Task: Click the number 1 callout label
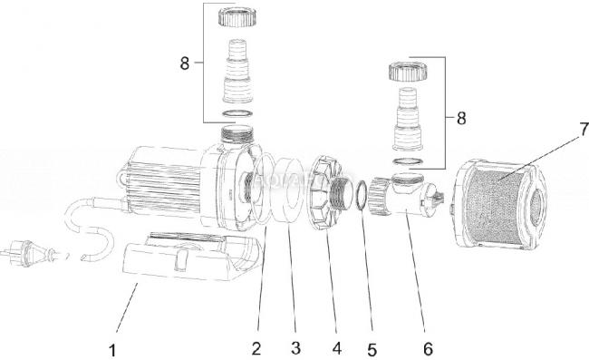point(112,350)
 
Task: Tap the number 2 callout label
point(256,348)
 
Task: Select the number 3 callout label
point(295,348)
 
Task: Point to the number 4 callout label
point(337,348)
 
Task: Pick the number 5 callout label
point(372,350)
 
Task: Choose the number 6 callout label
point(428,349)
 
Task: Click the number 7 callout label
point(583,130)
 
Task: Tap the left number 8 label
point(185,63)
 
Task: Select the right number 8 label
point(461,119)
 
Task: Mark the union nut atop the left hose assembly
point(236,16)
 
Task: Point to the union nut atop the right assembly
point(408,72)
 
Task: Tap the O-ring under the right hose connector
point(408,162)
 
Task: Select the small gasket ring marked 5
point(361,196)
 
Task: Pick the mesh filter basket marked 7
point(498,203)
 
